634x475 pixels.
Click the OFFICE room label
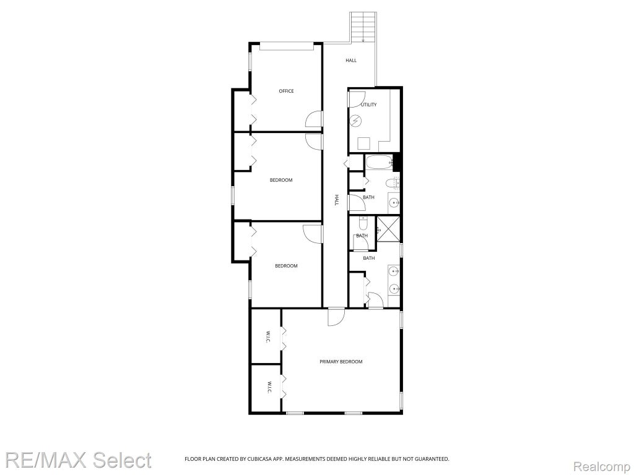286,91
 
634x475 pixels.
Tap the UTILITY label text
369,105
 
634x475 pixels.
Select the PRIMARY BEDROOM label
341,361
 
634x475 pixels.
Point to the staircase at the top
363,27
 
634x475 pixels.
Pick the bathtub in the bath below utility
379,163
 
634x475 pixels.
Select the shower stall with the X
388,229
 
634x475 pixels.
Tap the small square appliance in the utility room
364,143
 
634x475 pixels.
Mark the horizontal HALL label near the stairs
351,60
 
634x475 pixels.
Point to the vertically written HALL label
336,200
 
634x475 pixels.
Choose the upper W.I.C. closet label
268,338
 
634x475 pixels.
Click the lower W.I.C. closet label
269,388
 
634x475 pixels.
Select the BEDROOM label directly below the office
281,180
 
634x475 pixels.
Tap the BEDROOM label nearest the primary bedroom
286,266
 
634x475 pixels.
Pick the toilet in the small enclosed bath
363,223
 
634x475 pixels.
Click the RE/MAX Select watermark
78,460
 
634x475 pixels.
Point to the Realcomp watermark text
602,466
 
